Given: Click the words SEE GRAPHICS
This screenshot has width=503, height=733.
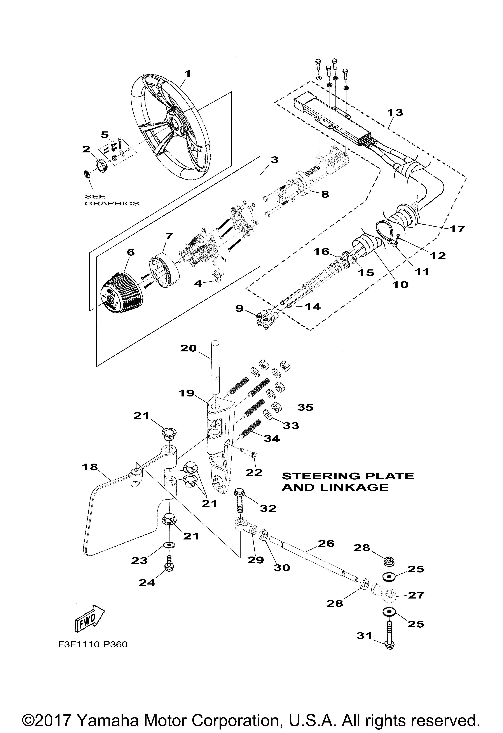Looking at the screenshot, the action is pos(112,200).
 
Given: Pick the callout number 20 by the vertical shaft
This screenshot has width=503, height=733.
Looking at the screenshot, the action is pos(189,348).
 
